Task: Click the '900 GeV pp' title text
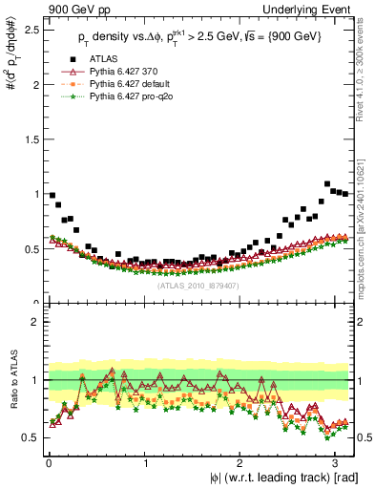click(x=80, y=9)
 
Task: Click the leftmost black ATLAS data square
click(x=52, y=195)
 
